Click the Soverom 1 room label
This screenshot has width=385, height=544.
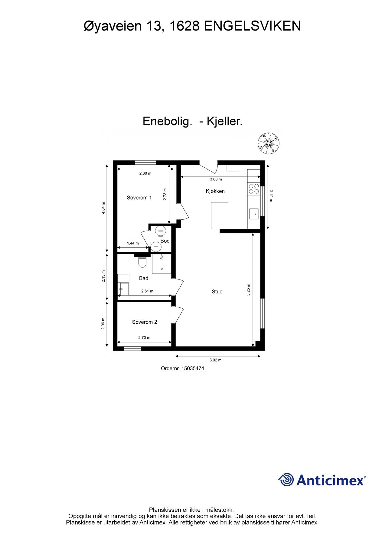coord(139,198)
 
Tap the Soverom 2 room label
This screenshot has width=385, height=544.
coord(145,322)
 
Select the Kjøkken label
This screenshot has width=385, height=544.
coord(215,191)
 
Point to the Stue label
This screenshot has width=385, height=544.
coord(217,292)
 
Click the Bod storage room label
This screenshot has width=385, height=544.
coord(165,241)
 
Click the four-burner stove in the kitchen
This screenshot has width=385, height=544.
coord(254,189)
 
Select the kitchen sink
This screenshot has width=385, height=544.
coord(253,214)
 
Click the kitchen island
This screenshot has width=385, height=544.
coord(220,216)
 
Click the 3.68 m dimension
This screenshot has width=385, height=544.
coord(216,179)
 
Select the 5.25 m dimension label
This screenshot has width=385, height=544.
coord(249,290)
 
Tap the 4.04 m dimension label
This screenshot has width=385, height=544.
coord(103,208)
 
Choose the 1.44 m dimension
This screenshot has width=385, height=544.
coord(133,243)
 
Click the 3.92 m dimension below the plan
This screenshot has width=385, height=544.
coord(215,360)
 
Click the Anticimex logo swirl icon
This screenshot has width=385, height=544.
coord(286,480)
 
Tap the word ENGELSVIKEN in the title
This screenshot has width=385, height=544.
coord(253,27)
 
